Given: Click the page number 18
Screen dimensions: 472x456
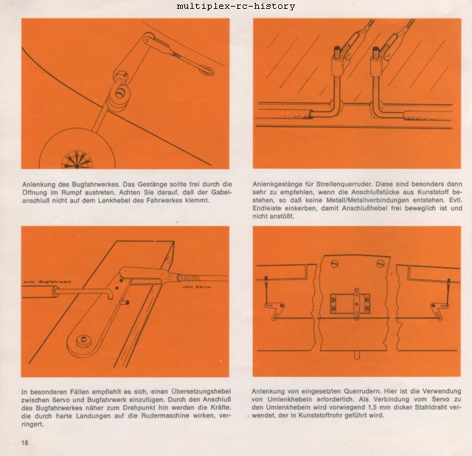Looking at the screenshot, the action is (24, 443).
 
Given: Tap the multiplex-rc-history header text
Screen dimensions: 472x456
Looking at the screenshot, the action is (236, 6).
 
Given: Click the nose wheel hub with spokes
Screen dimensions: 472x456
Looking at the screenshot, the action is (77, 160).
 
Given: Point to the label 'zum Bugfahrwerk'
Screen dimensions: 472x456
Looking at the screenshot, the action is (47, 282).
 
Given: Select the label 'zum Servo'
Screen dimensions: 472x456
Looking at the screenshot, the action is (197, 287).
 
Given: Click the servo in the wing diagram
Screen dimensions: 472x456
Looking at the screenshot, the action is (350, 303).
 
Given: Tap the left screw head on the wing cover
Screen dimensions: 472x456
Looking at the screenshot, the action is (334, 264).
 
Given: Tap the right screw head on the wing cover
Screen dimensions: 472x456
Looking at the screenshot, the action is (380, 263).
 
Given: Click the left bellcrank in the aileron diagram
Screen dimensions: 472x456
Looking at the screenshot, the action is (274, 309).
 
